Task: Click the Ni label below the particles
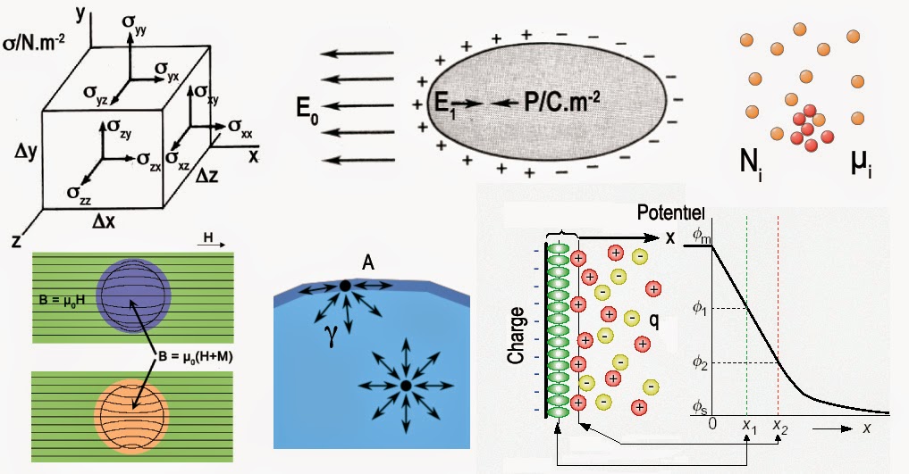tap(749, 165)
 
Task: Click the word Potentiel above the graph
tap(670, 213)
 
